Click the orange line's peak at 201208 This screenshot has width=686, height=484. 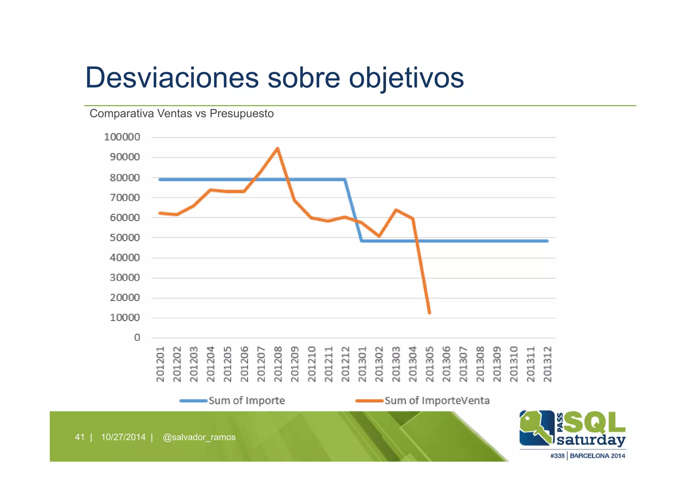277,148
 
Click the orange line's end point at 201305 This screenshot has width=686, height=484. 429,313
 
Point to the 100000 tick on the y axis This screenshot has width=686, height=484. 122,137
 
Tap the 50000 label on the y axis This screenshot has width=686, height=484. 125,238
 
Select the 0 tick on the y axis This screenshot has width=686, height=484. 137,338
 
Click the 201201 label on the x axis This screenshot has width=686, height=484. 160,364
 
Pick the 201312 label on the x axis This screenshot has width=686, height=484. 547,364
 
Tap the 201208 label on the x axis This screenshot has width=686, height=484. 278,364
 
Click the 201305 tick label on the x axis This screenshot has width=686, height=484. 429,364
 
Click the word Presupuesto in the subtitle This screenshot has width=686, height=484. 242,114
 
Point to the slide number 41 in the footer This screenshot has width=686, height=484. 80,437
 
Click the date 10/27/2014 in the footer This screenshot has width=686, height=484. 123,437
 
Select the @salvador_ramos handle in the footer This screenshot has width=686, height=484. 199,437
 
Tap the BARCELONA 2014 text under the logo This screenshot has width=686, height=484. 597,456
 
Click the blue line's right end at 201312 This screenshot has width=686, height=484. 547,241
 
